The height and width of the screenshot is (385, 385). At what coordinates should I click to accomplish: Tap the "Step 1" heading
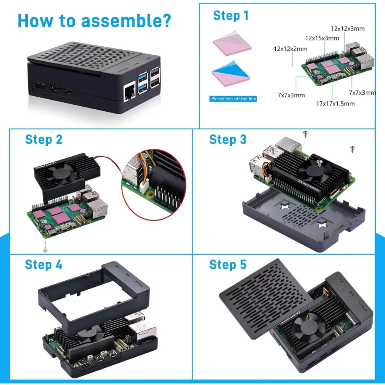click(231, 16)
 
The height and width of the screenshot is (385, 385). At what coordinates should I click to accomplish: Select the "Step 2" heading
click(44, 139)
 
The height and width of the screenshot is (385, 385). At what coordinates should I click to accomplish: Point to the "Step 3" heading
click(228, 139)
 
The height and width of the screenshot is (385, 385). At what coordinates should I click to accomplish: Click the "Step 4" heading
click(44, 265)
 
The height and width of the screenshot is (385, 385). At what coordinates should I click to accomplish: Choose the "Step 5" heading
click(228, 265)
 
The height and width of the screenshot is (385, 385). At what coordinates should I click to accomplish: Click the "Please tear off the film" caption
click(234, 99)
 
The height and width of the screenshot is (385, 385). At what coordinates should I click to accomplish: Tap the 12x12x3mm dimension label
click(348, 28)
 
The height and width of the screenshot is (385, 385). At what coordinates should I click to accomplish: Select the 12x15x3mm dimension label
click(322, 38)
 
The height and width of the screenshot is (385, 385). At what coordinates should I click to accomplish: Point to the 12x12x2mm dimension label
click(290, 49)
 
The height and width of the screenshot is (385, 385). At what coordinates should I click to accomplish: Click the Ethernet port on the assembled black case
click(128, 93)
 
